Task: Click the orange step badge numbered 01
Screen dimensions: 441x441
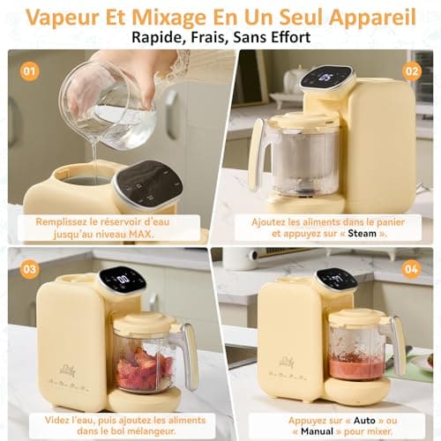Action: pos(30,71)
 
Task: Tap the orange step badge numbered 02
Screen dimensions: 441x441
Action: pos(412,71)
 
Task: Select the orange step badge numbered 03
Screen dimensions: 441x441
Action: pos(30,268)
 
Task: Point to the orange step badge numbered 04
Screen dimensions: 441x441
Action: pos(412,268)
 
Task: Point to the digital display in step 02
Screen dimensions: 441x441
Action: pos(326,79)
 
